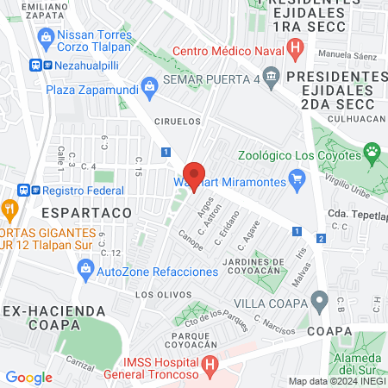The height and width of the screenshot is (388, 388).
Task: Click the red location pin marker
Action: (x=195, y=176)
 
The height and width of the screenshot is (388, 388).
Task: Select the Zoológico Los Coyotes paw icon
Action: (x=372, y=154)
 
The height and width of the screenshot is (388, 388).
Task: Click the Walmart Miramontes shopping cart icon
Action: (x=298, y=180)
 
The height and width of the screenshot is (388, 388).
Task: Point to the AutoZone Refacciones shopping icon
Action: (x=85, y=271)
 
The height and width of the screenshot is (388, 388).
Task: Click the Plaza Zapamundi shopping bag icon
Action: (x=150, y=87)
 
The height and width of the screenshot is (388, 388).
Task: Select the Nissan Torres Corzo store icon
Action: (x=46, y=36)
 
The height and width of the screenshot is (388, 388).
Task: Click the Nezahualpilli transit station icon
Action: (x=37, y=64)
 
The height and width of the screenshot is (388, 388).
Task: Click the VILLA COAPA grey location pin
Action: (x=320, y=302)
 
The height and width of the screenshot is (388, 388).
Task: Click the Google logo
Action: (x=28, y=377)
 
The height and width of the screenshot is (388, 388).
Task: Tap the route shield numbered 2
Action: (x=321, y=238)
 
